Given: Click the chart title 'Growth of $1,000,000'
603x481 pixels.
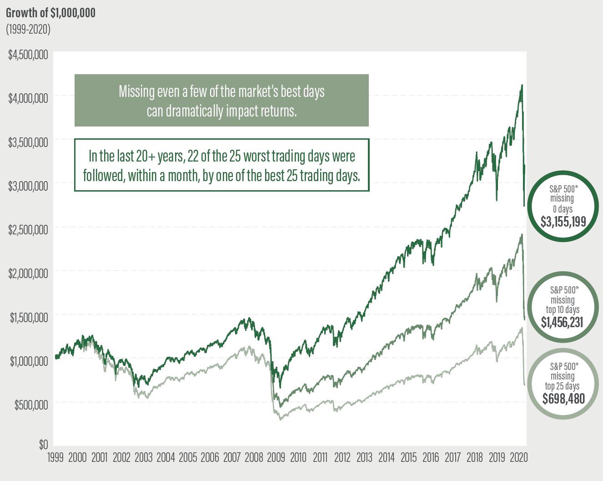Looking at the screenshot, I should click(50, 12).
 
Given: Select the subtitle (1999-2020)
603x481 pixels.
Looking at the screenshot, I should click(28, 29).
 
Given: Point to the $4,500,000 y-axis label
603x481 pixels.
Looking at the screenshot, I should click(28, 55).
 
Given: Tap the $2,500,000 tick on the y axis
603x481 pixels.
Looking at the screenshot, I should click(28, 229).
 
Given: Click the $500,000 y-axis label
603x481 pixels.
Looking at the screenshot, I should click(30, 405).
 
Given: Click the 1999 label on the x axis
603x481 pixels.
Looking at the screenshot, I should click(55, 457).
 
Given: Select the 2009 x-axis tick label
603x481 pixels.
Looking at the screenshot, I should click(276, 457).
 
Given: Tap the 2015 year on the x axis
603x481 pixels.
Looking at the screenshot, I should click(408, 457).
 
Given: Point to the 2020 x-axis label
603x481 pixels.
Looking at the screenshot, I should click(518, 457).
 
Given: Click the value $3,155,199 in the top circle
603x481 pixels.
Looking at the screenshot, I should click(563, 222).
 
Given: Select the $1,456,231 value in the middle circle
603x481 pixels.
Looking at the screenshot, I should click(562, 322).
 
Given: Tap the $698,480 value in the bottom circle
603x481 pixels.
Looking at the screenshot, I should click(563, 399).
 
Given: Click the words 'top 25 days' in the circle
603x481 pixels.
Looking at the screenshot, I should click(563, 386).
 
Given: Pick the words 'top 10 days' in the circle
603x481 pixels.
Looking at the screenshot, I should click(563, 310).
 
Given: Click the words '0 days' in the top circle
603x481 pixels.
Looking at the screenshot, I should click(563, 209).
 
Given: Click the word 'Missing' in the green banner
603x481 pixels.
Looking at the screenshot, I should click(136, 91).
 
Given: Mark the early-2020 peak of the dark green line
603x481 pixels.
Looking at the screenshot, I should click(522, 85).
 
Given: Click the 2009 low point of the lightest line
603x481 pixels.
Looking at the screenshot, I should click(281, 419).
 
